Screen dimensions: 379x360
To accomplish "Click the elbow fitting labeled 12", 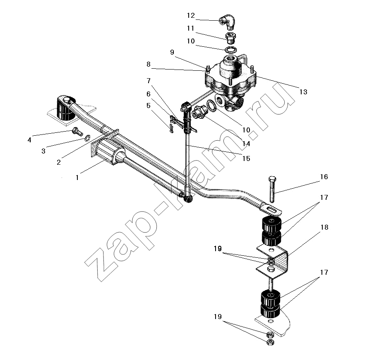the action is (x=228, y=22).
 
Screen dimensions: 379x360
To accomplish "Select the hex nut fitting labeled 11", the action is (x=231, y=38).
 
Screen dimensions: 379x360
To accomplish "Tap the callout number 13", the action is (x=303, y=92).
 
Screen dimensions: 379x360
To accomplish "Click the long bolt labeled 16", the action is (x=272, y=189).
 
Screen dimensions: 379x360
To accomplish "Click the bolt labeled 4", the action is (x=77, y=131).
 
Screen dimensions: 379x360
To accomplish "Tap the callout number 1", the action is (x=77, y=178).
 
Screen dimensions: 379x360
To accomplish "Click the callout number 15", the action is (x=246, y=158).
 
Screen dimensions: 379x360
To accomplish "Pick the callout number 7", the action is (x=149, y=81).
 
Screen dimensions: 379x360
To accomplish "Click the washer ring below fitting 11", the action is (x=231, y=50).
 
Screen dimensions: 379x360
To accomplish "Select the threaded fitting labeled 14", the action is (x=200, y=113).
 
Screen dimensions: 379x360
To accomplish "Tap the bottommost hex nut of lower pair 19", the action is (x=270, y=342).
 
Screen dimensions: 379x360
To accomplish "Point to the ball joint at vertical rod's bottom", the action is (x=187, y=199).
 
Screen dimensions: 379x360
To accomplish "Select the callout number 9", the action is (x=172, y=52).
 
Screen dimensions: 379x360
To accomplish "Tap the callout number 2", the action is (x=58, y=162).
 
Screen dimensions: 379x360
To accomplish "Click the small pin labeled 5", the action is (x=171, y=128).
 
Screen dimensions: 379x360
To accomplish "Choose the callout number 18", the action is (x=324, y=227).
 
